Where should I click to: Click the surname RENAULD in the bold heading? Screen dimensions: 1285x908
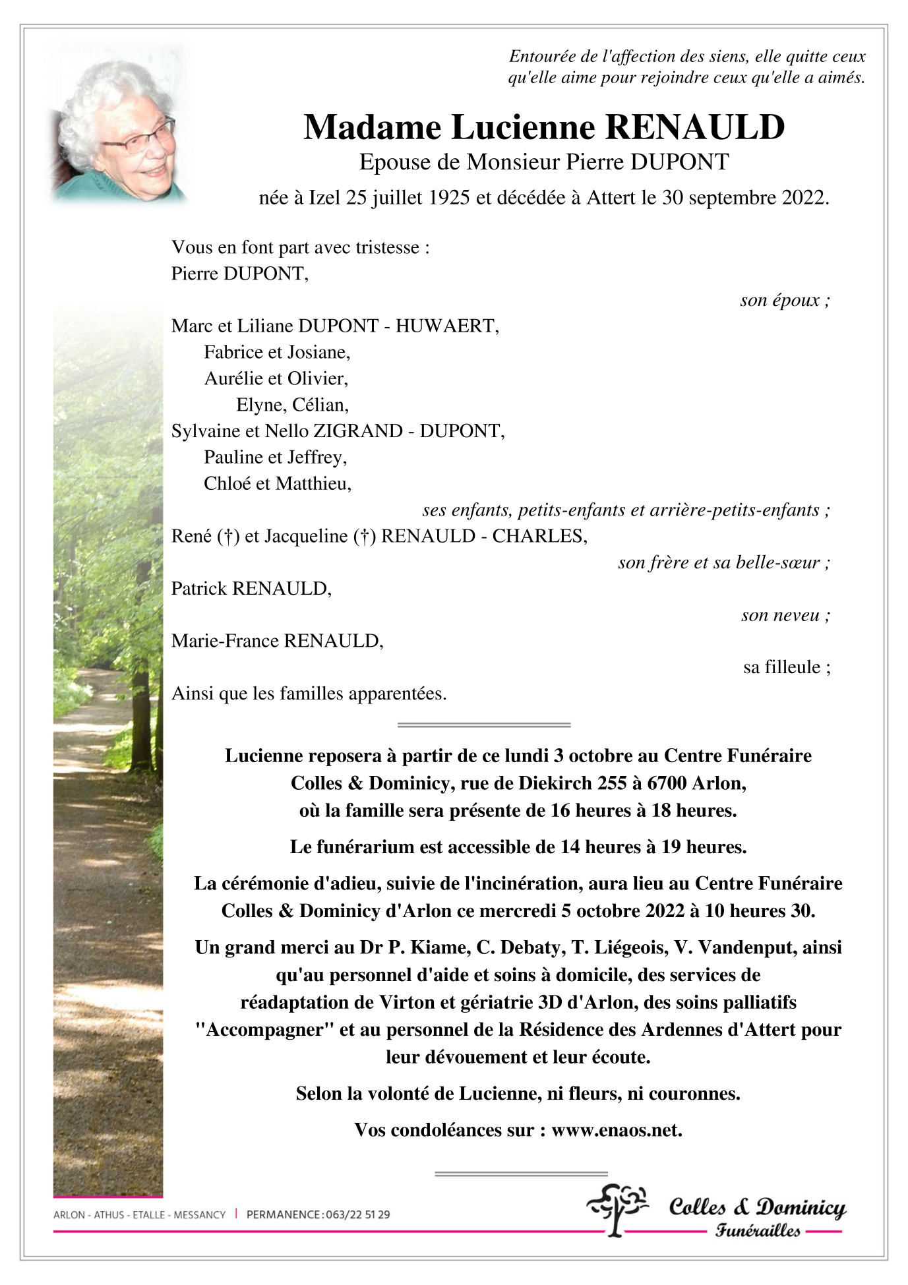point(695,127)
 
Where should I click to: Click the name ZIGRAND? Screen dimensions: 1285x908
point(357,431)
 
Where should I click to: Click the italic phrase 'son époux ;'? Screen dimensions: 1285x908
point(785,301)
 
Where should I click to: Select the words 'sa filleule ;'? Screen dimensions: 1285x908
point(787,667)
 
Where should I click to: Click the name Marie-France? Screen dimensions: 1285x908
point(225,641)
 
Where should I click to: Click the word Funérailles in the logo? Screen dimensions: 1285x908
point(758,1230)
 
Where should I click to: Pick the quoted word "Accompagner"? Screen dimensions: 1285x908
point(264,1030)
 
